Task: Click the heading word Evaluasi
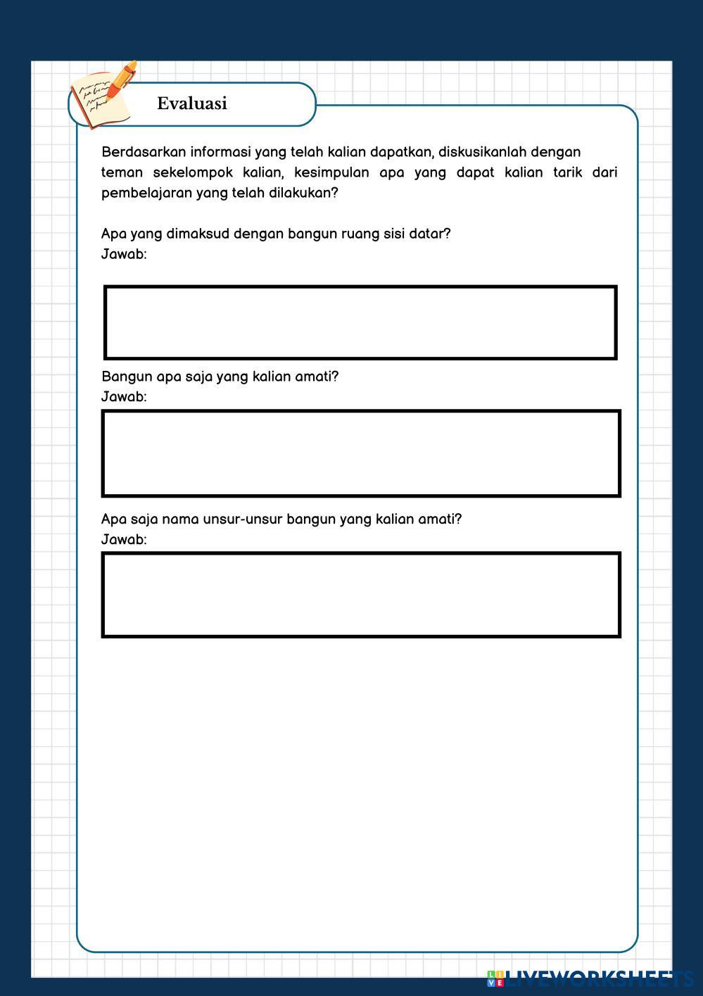[191, 103]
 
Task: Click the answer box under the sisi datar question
[360, 322]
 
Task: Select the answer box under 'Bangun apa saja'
[361, 453]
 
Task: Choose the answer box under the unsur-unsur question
[361, 595]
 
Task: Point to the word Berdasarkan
[144, 152]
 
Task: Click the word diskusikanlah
[482, 152]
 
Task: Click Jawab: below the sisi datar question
[124, 254]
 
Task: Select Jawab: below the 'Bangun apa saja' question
[124, 397]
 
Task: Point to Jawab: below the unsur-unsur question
[124, 540]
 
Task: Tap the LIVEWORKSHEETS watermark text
[599, 978]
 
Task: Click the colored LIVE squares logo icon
[495, 978]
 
